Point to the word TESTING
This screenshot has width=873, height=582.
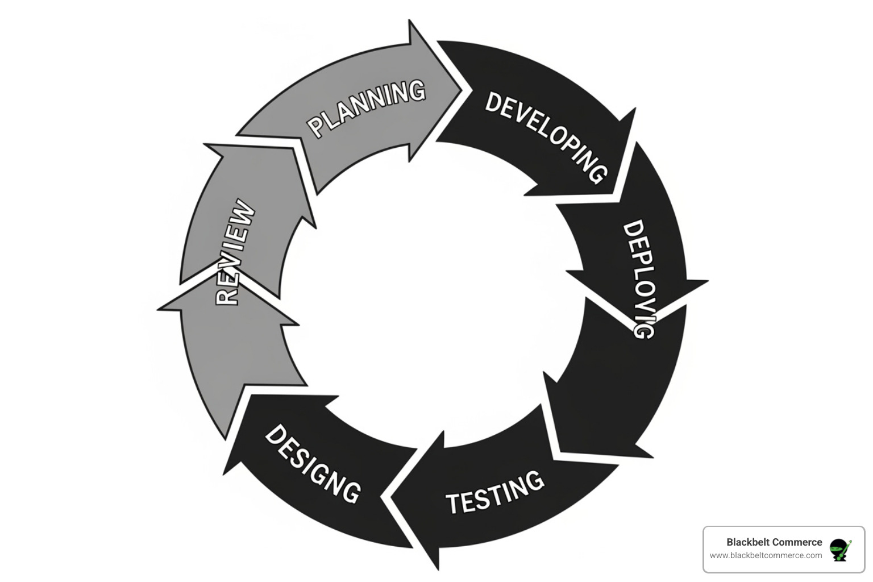click(494, 492)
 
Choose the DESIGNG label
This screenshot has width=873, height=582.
click(313, 463)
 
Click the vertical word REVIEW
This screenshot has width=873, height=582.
click(235, 252)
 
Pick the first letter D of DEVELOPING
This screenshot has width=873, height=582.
click(494, 102)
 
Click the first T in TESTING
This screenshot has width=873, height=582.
click(454, 504)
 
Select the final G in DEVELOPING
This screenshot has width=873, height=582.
click(597, 173)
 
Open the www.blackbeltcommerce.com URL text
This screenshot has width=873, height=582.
click(766, 555)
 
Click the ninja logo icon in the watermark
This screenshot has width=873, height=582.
click(840, 550)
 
